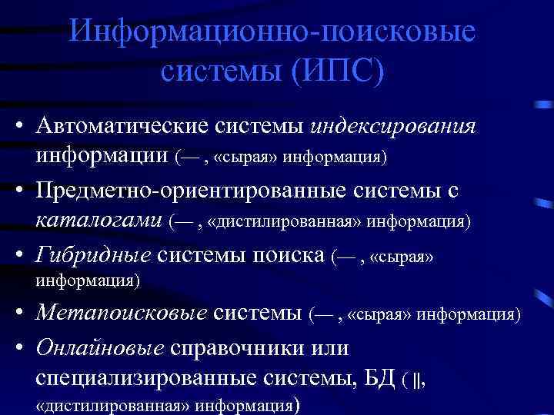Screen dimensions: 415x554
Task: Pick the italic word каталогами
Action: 98,221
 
